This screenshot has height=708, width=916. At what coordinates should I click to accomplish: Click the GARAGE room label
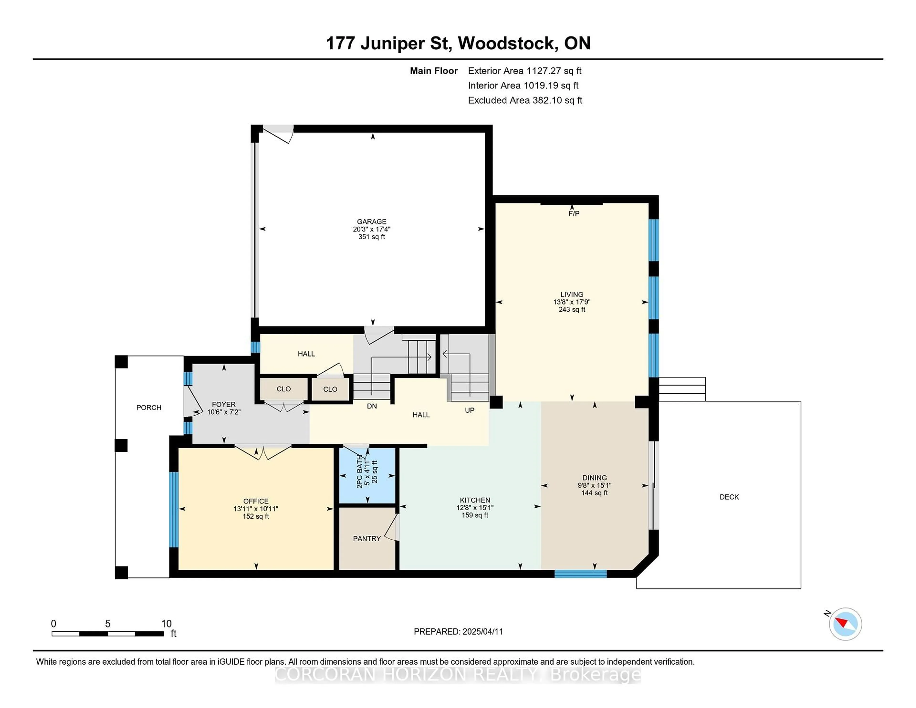[x=372, y=221]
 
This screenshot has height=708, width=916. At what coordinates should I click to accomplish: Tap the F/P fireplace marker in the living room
[x=574, y=213]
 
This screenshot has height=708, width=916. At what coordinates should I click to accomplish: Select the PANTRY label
[x=367, y=539]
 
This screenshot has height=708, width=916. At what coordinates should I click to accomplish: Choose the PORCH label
[x=149, y=407]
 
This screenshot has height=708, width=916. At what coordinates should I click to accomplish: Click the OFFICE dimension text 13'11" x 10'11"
[x=256, y=509]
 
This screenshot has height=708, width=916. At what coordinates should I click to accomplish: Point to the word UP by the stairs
[x=470, y=410]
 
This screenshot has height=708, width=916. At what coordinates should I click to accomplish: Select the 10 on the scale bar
[x=167, y=624]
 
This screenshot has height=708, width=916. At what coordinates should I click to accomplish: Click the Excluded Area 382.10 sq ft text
[x=525, y=100]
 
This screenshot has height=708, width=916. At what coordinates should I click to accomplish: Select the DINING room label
[x=594, y=478]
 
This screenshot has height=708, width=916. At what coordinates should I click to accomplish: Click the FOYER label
[x=224, y=404]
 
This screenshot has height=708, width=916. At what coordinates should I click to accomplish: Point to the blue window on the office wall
[x=174, y=510]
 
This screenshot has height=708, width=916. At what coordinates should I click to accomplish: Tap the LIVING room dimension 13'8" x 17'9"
[x=572, y=302]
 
